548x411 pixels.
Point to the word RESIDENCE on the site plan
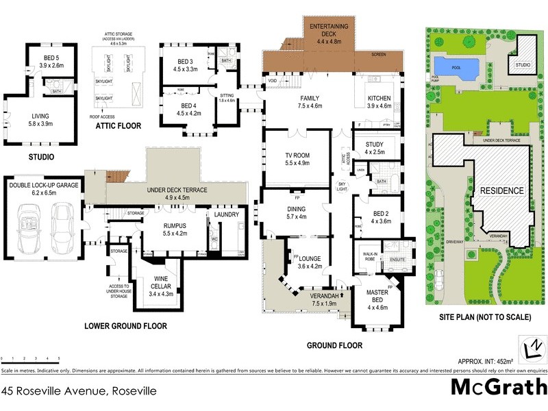tap(502, 190)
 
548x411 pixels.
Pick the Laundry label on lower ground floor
tap(226, 214)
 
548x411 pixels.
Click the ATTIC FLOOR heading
tap(119, 126)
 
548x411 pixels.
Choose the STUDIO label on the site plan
tap(523, 66)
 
